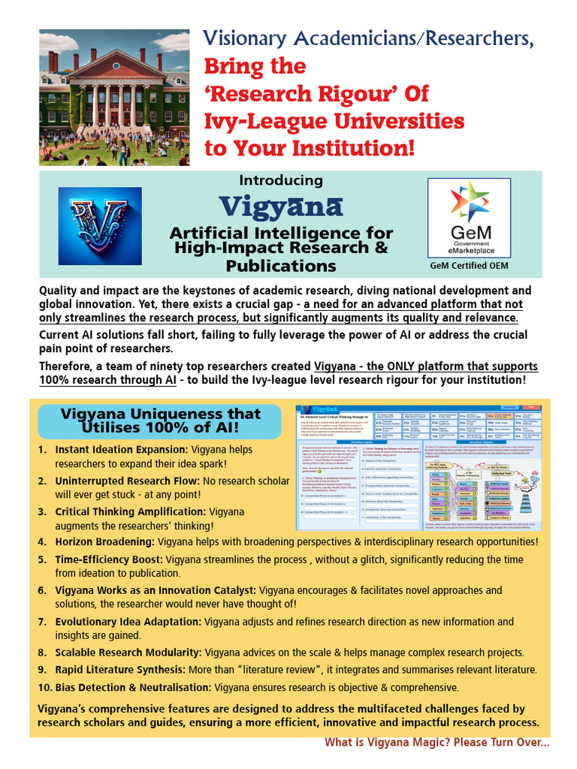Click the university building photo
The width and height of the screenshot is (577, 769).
(114, 98)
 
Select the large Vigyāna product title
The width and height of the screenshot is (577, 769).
(281, 207)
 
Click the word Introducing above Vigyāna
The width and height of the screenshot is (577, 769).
(281, 180)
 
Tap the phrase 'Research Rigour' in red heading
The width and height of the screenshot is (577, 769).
(316, 94)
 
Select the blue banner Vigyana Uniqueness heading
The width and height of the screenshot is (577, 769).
(160, 421)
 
